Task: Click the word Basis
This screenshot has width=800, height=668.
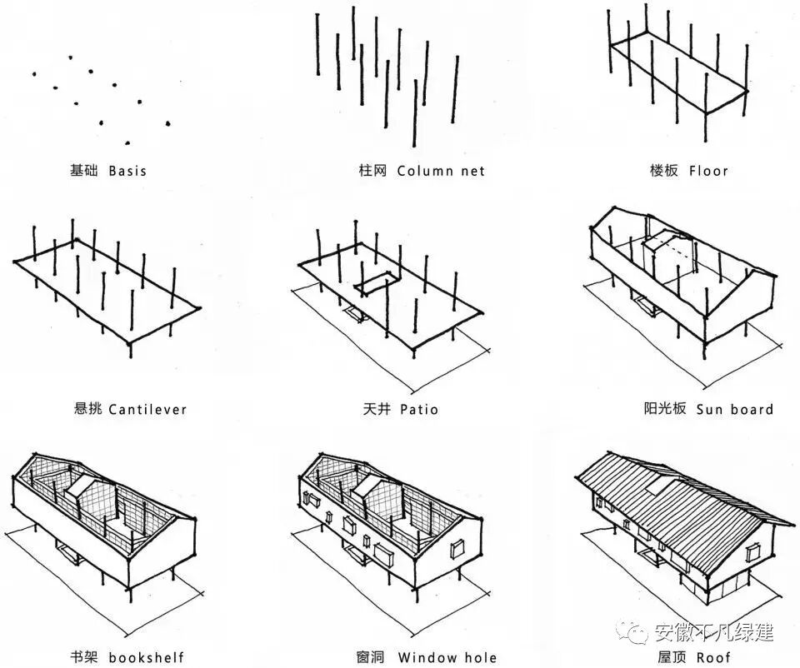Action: pyautogui.click(x=127, y=171)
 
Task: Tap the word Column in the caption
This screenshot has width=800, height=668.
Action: pyautogui.click(x=426, y=171)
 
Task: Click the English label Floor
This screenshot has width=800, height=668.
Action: pyautogui.click(x=708, y=171)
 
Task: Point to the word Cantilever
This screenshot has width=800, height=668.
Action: pyautogui.click(x=147, y=409)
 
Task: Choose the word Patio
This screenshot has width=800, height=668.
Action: pyautogui.click(x=418, y=409)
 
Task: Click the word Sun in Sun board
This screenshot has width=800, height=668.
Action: pyautogui.click(x=710, y=409)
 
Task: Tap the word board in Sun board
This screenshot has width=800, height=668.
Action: pyautogui.click(x=752, y=409)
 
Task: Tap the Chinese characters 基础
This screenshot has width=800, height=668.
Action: pyautogui.click(x=84, y=171)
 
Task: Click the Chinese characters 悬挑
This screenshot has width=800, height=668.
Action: pyautogui.click(x=89, y=409)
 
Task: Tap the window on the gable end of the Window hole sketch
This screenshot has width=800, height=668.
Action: pyautogui.click(x=457, y=549)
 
